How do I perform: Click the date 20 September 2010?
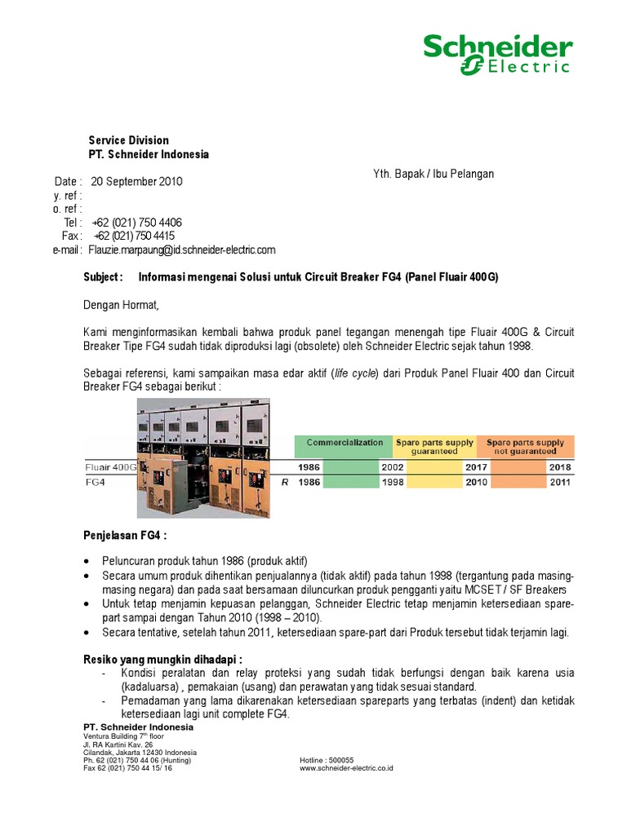click(137, 182)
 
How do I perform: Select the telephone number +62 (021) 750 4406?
click(137, 223)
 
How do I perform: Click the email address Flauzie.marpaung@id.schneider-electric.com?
click(183, 250)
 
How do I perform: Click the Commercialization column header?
click(345, 443)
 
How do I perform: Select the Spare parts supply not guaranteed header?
click(525, 447)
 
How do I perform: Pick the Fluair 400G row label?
click(111, 467)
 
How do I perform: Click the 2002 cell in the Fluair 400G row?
click(391, 467)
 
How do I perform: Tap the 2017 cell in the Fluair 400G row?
click(475, 467)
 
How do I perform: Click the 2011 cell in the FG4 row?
click(560, 482)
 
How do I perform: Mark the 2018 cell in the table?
click(560, 467)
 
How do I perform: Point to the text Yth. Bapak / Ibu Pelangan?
click(434, 174)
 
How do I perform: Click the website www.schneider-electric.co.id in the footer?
click(347, 767)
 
